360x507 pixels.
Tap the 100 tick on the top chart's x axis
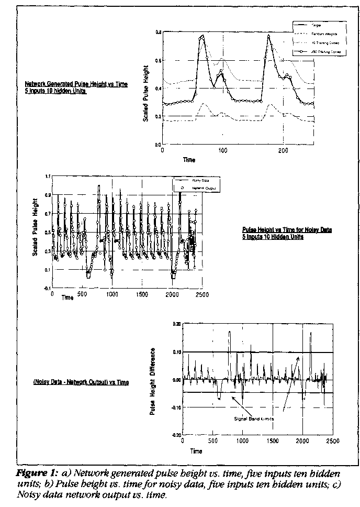(223, 150)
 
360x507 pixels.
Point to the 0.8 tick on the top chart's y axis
(158, 32)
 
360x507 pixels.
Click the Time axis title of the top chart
(189, 160)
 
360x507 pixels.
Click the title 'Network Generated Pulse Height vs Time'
(76, 84)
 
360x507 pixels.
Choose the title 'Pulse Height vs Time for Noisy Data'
(287, 230)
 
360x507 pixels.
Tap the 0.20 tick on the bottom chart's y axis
(176, 324)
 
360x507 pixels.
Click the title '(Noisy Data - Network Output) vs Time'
(81, 382)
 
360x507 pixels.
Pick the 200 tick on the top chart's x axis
(283, 150)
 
